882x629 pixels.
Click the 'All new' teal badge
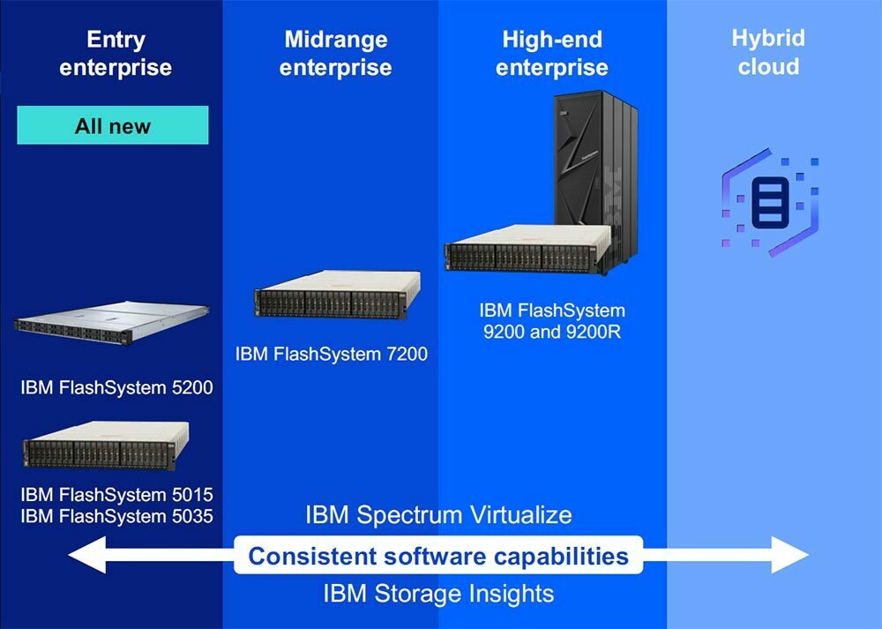tap(113, 125)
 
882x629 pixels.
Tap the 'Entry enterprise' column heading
tap(116, 54)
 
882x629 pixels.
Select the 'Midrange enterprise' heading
tap(336, 54)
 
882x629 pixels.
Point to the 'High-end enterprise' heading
tap(552, 54)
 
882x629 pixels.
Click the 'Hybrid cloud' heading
tap(768, 52)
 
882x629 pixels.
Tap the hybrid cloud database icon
tap(770, 202)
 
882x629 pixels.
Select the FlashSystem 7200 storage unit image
tap(338, 295)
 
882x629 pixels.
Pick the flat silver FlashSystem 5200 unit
tap(112, 322)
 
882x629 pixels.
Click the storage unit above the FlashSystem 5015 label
tap(106, 445)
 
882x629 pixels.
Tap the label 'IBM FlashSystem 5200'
tap(117, 387)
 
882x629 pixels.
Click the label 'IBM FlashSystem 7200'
tap(332, 354)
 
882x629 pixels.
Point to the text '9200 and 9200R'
tap(552, 332)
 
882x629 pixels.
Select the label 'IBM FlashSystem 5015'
tap(117, 495)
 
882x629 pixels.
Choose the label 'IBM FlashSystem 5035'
tap(117, 516)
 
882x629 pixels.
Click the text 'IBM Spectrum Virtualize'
tap(438, 515)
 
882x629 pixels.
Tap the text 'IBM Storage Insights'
tap(438, 594)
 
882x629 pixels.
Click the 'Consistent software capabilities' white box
tap(438, 555)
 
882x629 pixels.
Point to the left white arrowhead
tap(86, 555)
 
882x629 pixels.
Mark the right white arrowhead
tap(789, 555)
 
